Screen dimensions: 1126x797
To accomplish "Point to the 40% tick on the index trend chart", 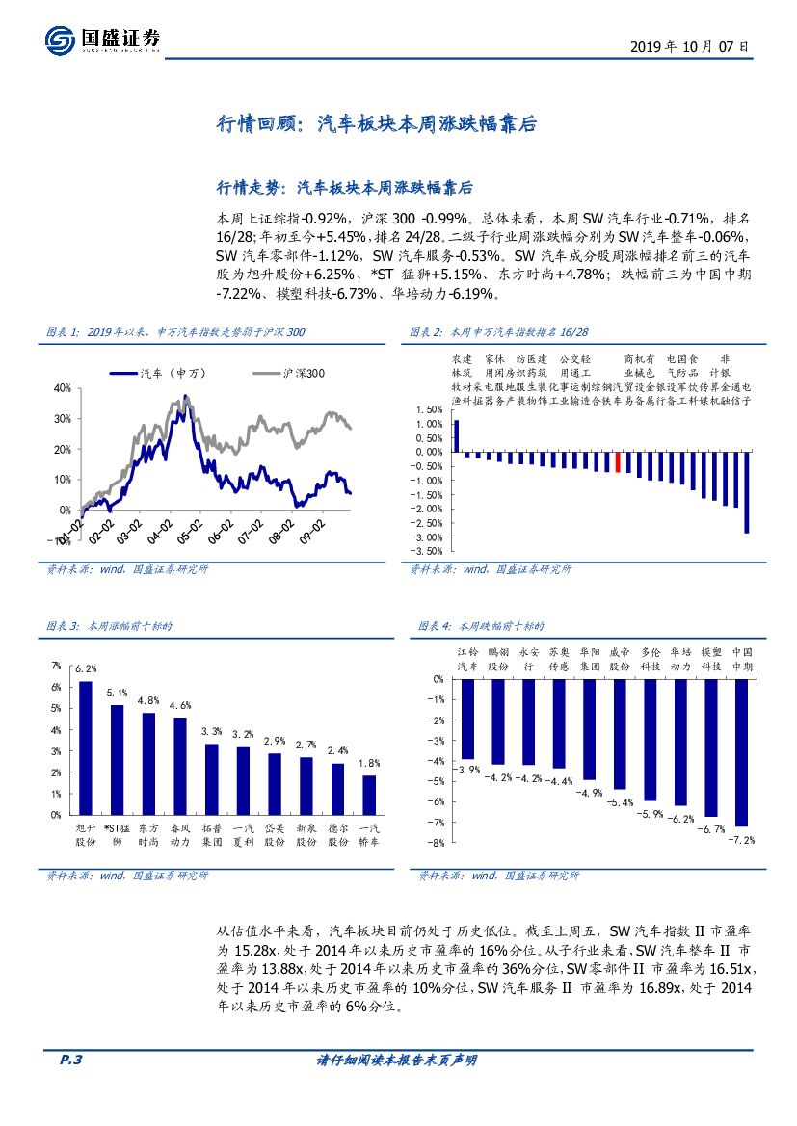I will point(63,388).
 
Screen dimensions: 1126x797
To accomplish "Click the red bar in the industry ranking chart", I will point(618,461).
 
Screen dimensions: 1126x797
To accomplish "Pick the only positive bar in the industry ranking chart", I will point(457,435).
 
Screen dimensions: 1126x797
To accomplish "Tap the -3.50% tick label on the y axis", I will point(429,551).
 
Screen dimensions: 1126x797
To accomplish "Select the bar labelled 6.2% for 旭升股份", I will point(86,747).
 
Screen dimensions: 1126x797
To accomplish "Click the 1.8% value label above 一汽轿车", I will point(368,763).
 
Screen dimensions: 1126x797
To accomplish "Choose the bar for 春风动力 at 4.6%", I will point(180,765).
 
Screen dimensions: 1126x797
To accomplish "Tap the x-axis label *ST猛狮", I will point(117,834).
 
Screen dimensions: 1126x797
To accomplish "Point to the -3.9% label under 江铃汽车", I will point(468,770).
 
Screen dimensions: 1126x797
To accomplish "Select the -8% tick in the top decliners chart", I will point(437,843).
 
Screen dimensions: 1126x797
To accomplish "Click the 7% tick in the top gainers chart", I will point(56,666).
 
